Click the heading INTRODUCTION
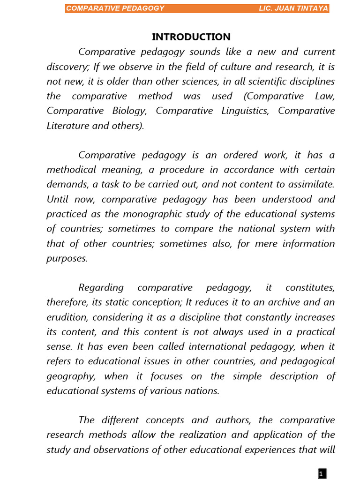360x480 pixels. click(191, 37)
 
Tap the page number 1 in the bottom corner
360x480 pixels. click(322, 474)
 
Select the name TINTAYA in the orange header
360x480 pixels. click(312, 8)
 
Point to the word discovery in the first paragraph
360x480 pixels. click(66, 67)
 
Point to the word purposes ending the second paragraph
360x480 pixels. click(67, 258)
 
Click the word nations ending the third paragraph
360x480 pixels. click(203, 390)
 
